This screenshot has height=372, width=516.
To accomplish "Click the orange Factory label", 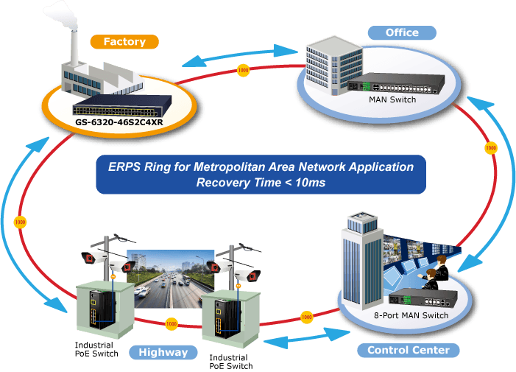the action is click(124, 42).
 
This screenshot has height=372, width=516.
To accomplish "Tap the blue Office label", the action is click(402, 32).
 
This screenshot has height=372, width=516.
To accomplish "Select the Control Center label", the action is click(408, 350).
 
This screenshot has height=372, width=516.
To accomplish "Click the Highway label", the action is click(163, 352).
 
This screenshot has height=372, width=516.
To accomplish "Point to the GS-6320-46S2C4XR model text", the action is click(119, 122).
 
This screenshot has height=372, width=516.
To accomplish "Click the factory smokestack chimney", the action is click(74, 48).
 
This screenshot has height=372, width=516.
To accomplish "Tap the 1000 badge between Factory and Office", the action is click(243, 70).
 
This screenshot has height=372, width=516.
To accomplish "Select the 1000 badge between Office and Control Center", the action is click(491, 148).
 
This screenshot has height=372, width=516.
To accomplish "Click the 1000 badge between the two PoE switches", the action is click(171, 324).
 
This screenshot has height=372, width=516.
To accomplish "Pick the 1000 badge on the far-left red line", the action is click(20, 222).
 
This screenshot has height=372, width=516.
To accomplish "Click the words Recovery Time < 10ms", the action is click(261, 183).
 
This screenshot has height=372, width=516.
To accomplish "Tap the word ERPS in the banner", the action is click(124, 167).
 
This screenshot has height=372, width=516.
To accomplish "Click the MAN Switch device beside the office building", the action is click(396, 83).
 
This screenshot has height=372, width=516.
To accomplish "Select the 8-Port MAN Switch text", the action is click(411, 315).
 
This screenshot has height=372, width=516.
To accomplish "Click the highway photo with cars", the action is click(171, 279).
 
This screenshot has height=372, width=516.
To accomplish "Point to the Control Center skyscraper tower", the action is click(362, 260).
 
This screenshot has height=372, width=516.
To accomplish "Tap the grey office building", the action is click(334, 65).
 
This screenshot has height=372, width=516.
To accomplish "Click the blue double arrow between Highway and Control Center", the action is click(307, 338).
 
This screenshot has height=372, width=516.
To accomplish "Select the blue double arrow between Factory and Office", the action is click(240, 56).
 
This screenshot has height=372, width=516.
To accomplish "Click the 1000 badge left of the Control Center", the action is click(306, 317).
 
